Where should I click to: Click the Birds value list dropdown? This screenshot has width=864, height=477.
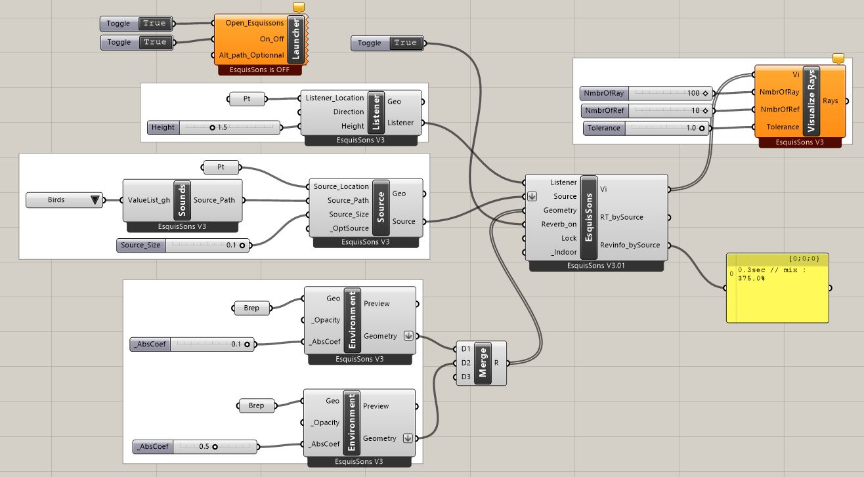pos(64,199)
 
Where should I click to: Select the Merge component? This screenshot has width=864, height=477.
pos(483,363)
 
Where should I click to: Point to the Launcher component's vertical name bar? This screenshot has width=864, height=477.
pos(295,39)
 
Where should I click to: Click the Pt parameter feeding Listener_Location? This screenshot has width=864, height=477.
pos(248,99)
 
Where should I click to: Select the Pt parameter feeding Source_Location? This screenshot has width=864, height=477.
pos(221,167)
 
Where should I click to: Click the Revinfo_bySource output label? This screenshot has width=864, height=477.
pos(630,245)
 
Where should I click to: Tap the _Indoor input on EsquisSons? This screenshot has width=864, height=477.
pos(563,252)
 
